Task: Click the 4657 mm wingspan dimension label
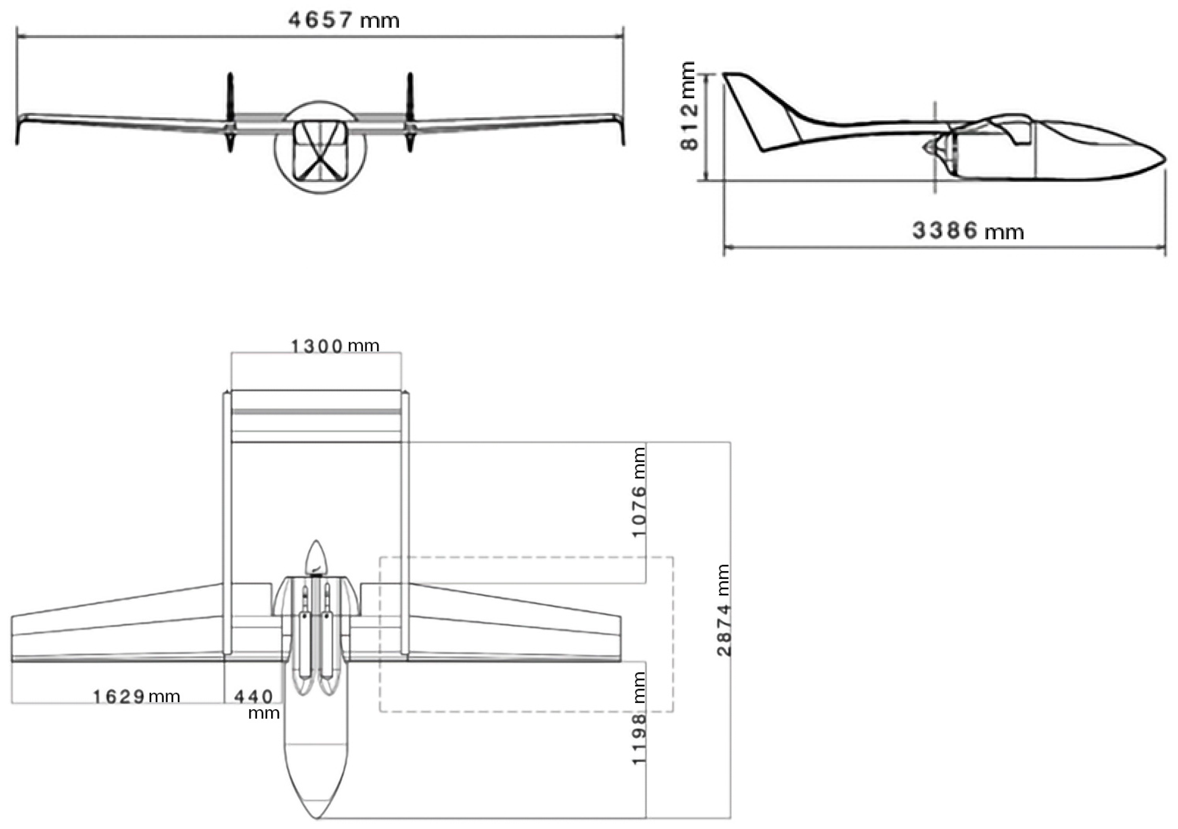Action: [x=343, y=21]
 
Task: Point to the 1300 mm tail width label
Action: [x=334, y=346]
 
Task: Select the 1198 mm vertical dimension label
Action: [x=639, y=718]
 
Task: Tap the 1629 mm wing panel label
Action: [x=136, y=696]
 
